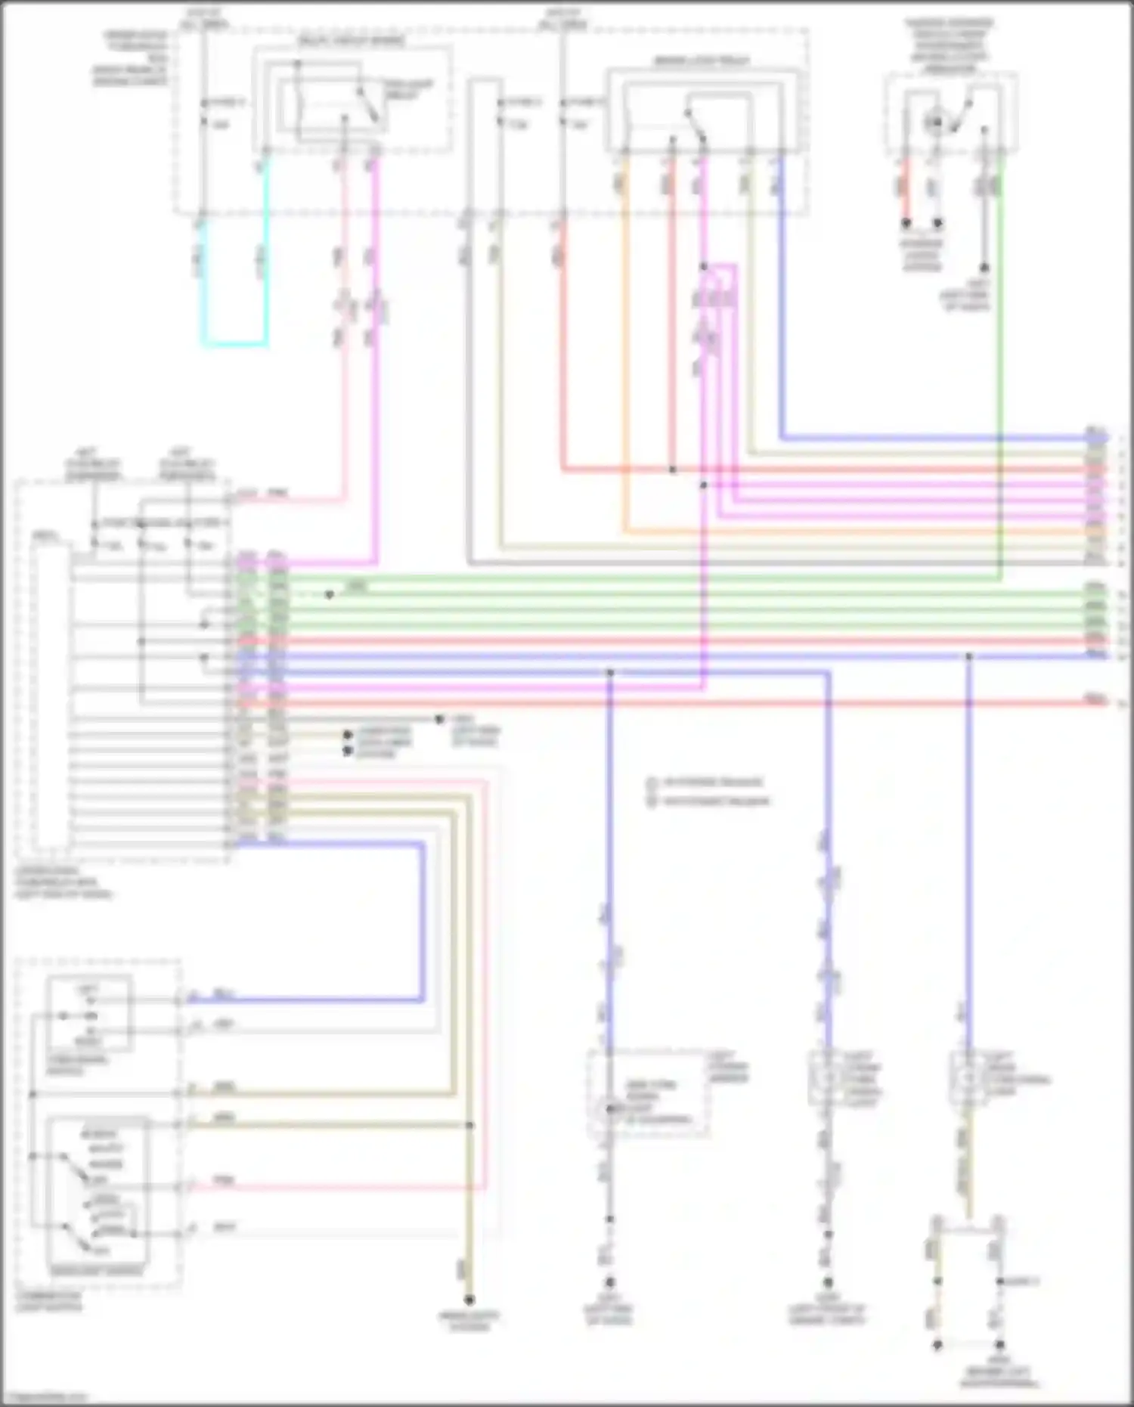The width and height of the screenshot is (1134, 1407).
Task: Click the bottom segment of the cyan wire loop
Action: (x=234, y=344)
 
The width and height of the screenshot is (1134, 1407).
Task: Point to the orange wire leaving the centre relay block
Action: (x=624, y=340)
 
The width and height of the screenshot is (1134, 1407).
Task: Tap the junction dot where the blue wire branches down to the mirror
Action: (x=610, y=672)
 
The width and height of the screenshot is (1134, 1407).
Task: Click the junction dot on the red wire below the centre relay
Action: (x=672, y=470)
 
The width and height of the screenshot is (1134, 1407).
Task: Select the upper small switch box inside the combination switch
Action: (x=89, y=1013)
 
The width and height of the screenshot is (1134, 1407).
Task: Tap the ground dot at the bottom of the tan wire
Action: (x=469, y=1300)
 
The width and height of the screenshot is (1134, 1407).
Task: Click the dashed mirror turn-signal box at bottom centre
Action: (x=648, y=1092)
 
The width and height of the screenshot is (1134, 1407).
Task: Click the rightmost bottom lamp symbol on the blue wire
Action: (x=967, y=1078)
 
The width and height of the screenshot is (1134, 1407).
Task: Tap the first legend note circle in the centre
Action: (x=652, y=783)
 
